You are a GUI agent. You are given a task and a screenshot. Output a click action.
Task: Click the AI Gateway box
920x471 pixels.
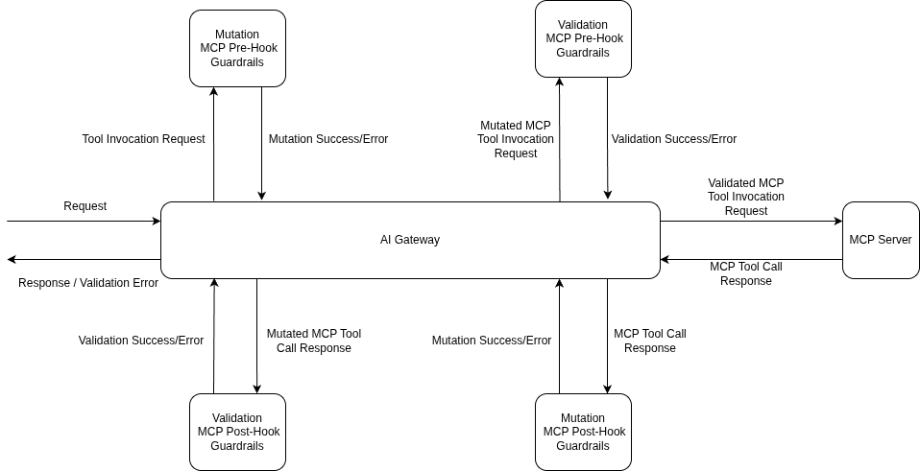click(x=410, y=240)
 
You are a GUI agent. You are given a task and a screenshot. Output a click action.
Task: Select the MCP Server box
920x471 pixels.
click(x=880, y=240)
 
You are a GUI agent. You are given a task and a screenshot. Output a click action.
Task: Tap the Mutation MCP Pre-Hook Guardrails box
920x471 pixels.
click(x=237, y=48)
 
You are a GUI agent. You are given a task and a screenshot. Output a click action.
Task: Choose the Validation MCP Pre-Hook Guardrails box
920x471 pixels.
click(x=583, y=38)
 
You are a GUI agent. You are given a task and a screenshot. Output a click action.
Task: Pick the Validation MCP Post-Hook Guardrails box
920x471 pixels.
click(x=237, y=432)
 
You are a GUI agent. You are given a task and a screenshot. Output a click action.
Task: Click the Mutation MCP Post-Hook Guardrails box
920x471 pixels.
click(x=583, y=432)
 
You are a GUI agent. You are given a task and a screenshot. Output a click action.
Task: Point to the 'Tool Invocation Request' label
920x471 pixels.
click(x=143, y=139)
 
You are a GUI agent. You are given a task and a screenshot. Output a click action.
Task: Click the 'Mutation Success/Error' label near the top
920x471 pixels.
click(x=328, y=139)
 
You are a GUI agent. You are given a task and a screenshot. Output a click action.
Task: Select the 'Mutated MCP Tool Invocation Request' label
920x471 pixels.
click(x=516, y=139)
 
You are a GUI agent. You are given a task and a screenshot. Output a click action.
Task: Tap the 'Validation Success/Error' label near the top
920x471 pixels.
click(x=674, y=139)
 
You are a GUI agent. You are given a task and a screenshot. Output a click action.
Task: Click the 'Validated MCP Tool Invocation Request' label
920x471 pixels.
click(x=746, y=197)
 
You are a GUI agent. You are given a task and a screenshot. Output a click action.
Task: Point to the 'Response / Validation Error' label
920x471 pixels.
click(x=88, y=283)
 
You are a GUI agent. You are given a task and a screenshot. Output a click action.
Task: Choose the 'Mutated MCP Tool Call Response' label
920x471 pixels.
click(x=314, y=341)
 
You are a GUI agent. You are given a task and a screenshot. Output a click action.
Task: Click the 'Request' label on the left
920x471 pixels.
click(x=85, y=206)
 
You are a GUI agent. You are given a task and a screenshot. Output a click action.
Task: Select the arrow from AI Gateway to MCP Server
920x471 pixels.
click(x=751, y=221)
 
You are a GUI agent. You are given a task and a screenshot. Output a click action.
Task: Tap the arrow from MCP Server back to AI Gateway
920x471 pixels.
click(x=751, y=259)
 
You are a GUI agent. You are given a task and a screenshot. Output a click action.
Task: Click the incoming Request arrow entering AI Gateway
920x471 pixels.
click(x=85, y=221)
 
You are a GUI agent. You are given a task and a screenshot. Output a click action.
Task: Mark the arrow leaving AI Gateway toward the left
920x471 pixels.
click(x=85, y=259)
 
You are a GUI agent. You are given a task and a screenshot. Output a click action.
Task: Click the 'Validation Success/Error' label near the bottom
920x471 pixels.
click(x=141, y=341)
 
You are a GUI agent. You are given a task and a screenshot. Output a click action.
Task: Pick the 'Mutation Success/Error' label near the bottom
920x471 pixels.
click(x=492, y=341)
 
